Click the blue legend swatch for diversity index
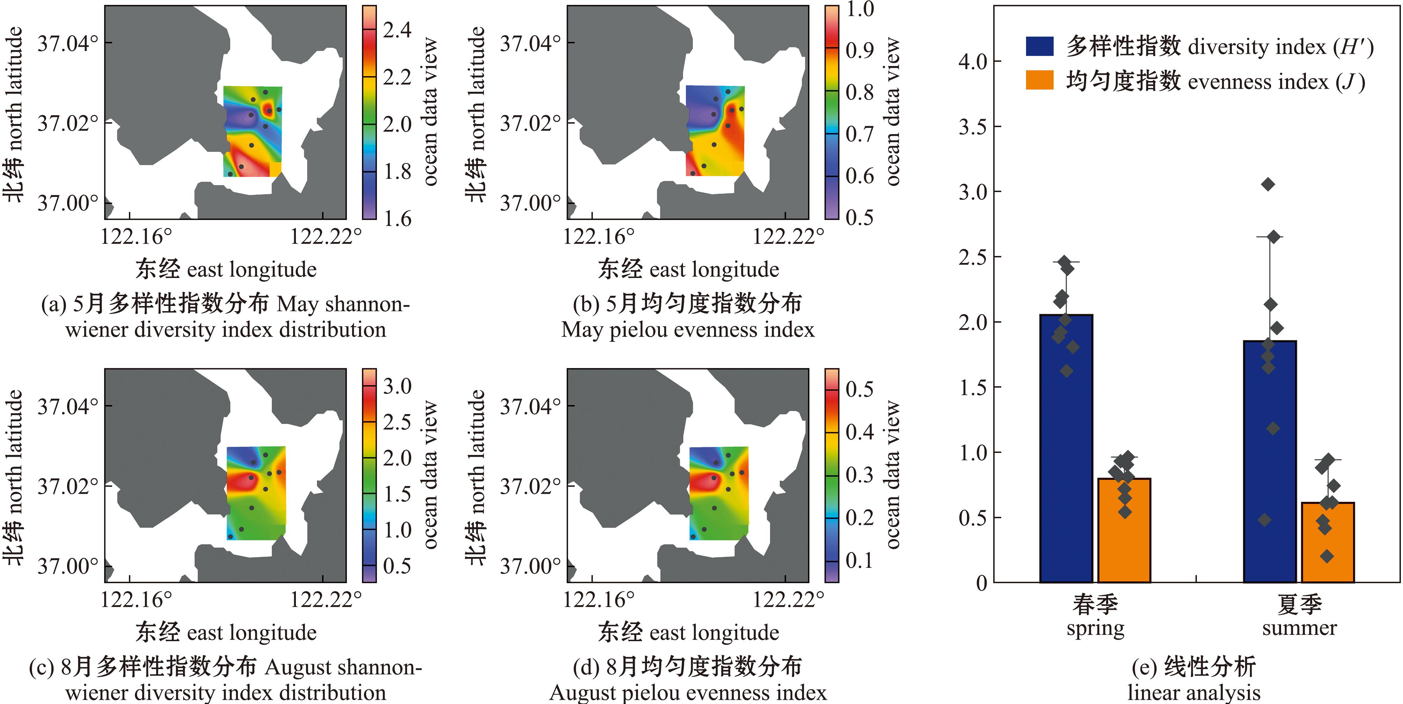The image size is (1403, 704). coord(1039,46)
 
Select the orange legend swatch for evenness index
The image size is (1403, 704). coord(1039,81)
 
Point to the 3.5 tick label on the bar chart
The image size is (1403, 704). coord(973,127)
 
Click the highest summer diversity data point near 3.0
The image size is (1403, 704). coord(1268,185)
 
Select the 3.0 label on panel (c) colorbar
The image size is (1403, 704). coord(397,386)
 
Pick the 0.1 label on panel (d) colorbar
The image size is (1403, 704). coord(859,560)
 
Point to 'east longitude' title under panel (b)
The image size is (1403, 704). coord(714,270)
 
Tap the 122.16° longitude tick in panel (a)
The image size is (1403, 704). coord(136,236)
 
